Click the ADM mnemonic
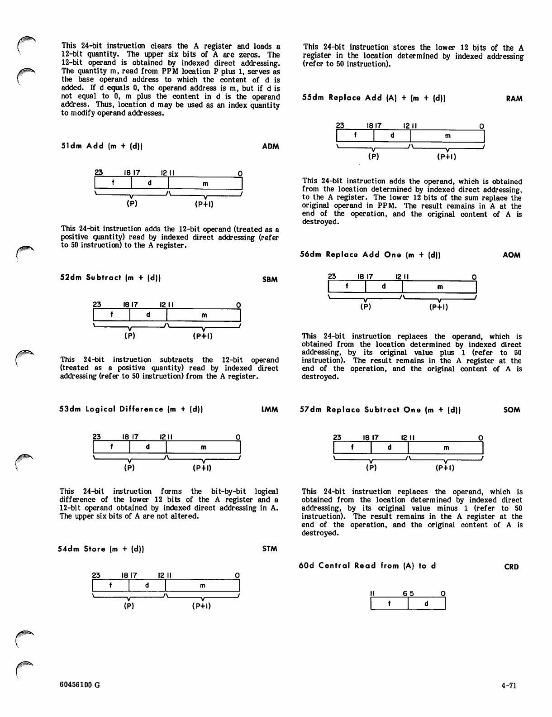(x=271, y=146)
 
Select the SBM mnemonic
(x=270, y=279)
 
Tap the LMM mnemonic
(x=270, y=410)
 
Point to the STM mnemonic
(x=270, y=549)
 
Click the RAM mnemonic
(x=514, y=99)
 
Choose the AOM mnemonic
(x=512, y=255)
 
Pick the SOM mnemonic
(x=512, y=410)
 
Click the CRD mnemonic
(x=511, y=567)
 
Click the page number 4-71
(x=509, y=685)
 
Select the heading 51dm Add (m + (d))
(x=102, y=146)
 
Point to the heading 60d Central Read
(x=367, y=566)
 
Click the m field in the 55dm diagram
(x=447, y=136)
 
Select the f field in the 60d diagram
(x=389, y=604)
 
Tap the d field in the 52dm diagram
(x=148, y=315)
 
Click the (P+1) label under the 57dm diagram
(x=445, y=468)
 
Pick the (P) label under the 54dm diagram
(x=129, y=606)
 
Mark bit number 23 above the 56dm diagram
(x=332, y=277)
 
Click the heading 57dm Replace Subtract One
(x=381, y=410)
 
